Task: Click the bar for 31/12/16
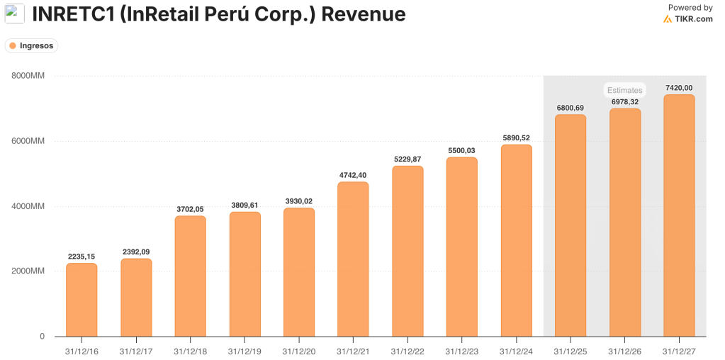pos(82,300)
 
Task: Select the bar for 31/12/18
pos(190,276)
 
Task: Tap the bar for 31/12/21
pos(353,259)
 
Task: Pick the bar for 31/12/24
pos(516,240)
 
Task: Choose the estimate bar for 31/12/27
pos(679,215)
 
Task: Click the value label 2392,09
pos(135,252)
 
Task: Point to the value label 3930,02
pos(298,201)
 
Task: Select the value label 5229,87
pos(408,159)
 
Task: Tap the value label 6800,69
pos(571,108)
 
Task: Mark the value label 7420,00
pos(679,88)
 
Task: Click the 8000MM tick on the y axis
pos(28,76)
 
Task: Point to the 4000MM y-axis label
pos(28,206)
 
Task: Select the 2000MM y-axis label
pos(28,271)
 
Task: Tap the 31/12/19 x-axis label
pos(245,351)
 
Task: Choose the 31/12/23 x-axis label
pos(461,351)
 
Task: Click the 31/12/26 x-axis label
pos(624,351)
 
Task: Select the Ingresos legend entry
pos(31,45)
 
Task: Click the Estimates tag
pos(624,91)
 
